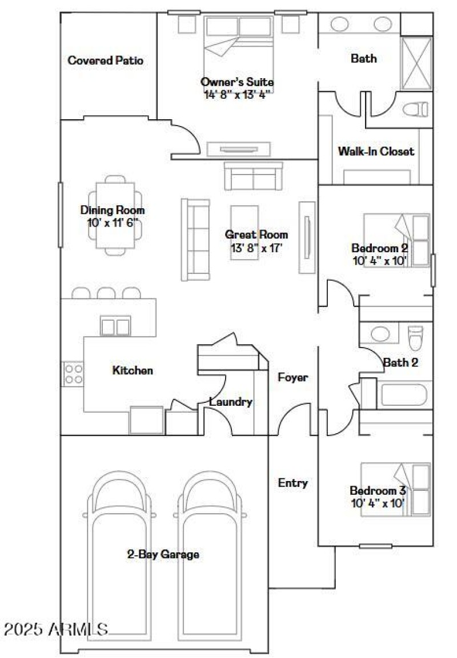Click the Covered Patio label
click(105, 60)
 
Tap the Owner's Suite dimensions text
click(236, 94)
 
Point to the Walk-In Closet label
click(376, 152)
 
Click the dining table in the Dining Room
click(116, 215)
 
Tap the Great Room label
click(256, 235)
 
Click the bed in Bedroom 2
click(396, 240)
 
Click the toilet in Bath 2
click(415, 338)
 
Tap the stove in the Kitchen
click(73, 374)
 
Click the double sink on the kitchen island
click(115, 327)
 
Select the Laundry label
click(230, 402)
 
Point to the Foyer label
click(293, 377)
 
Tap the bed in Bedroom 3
click(395, 490)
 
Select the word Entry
click(292, 483)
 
